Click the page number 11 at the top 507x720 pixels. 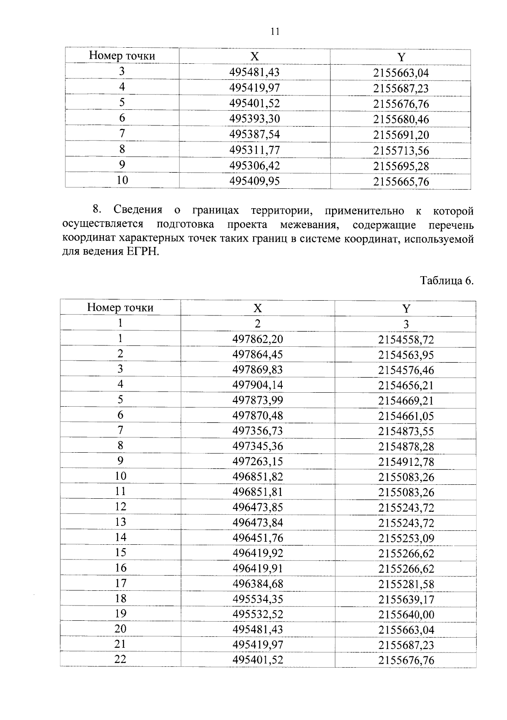tap(275, 32)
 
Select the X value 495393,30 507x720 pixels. tap(254, 119)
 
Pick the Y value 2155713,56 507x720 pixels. tap(401, 151)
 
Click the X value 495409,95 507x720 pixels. tap(254, 182)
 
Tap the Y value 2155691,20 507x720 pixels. tap(401, 135)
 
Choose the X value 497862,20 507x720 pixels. tap(258, 339)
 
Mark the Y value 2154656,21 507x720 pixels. tap(406, 385)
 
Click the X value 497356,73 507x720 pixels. tap(258, 431)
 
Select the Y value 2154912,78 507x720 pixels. tap(406, 462)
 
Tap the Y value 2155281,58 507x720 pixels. tap(406, 584)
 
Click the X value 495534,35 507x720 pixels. tap(258, 599)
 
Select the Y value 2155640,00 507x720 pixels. tap(406, 615)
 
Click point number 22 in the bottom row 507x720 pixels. tap(120, 659)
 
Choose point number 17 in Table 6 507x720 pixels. tap(120, 584)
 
